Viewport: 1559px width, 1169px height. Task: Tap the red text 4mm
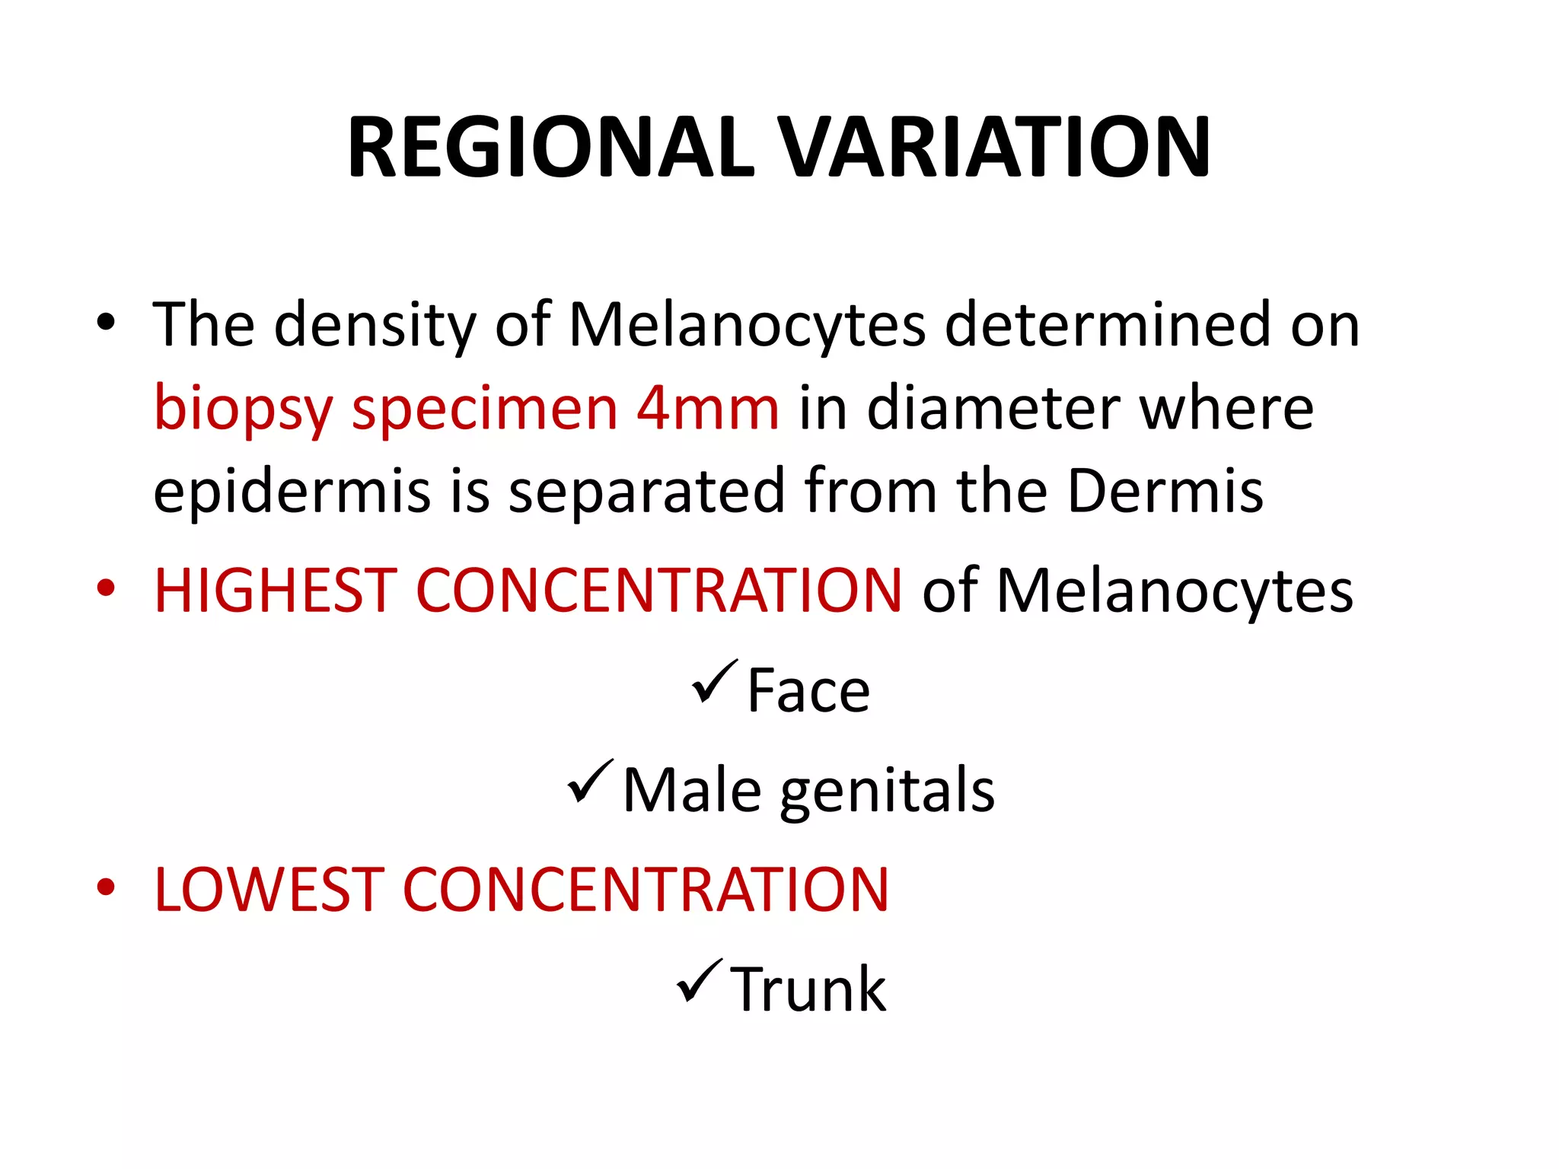(x=708, y=408)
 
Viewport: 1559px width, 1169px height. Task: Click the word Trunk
(x=808, y=989)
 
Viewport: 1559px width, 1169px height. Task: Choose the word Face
(x=808, y=690)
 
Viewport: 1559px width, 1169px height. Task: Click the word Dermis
(x=1165, y=491)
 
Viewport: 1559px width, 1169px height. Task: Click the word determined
(x=1108, y=325)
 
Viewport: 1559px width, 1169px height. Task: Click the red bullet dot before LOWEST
(x=105, y=887)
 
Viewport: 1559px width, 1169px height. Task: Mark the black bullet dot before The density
(x=105, y=322)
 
